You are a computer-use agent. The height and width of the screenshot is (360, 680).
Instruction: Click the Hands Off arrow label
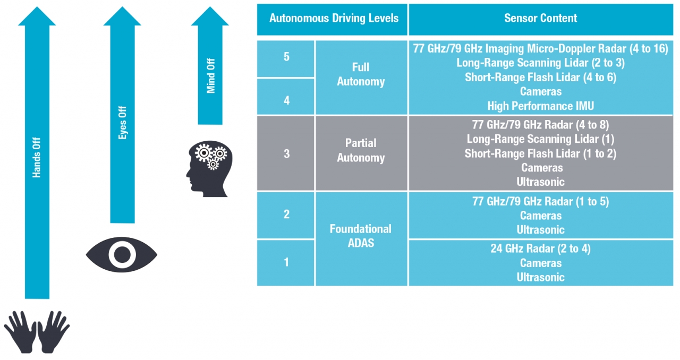click(37, 158)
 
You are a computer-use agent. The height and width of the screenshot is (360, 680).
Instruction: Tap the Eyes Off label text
click(123, 123)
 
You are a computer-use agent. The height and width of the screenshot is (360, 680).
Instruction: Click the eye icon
click(122, 254)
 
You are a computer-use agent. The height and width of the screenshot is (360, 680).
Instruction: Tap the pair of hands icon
click(37, 332)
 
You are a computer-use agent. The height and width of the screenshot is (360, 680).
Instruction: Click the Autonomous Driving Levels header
click(334, 18)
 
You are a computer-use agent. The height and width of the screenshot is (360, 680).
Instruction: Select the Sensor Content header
click(540, 18)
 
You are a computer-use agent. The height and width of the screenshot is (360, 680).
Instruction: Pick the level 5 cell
click(286, 57)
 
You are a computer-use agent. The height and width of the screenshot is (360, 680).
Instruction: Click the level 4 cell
click(286, 99)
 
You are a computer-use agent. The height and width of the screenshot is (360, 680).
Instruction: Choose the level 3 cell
click(286, 153)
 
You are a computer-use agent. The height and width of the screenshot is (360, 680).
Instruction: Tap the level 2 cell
click(286, 214)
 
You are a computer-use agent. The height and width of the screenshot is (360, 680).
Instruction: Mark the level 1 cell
click(286, 262)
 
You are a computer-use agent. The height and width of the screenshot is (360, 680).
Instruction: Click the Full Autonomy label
click(361, 75)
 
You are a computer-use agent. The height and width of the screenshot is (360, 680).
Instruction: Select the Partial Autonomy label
click(361, 150)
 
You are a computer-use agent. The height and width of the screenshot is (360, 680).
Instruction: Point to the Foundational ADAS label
click(361, 236)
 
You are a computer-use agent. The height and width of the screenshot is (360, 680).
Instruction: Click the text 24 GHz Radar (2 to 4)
click(540, 248)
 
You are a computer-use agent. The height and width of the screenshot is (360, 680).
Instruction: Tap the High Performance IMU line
click(540, 106)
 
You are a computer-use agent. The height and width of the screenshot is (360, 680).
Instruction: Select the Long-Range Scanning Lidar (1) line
click(540, 139)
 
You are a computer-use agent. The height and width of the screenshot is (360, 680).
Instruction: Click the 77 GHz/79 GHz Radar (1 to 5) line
click(540, 202)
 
